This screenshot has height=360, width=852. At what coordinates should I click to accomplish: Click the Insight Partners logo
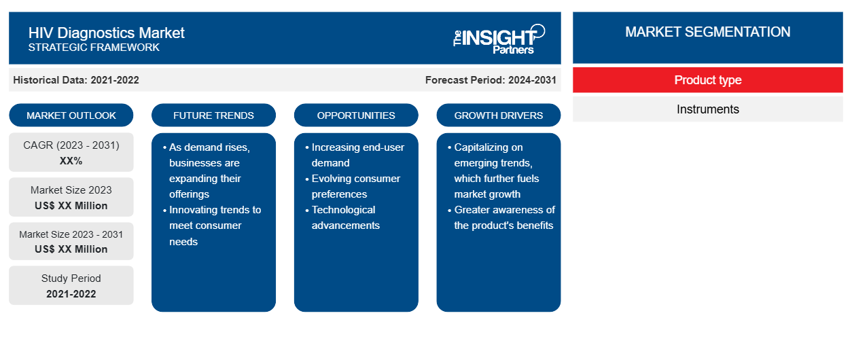click(x=499, y=39)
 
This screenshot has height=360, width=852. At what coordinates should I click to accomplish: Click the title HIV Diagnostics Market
click(x=107, y=33)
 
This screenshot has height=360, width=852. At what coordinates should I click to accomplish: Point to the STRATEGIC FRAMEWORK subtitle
click(x=94, y=48)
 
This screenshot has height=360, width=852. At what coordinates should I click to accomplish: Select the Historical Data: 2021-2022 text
click(x=76, y=80)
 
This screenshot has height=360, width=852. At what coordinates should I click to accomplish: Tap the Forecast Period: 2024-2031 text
click(x=491, y=80)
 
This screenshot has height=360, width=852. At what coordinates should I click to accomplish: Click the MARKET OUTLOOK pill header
click(x=71, y=115)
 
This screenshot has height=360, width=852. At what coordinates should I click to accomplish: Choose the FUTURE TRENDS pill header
click(x=213, y=115)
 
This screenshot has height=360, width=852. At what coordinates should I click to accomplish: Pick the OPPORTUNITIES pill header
click(x=356, y=115)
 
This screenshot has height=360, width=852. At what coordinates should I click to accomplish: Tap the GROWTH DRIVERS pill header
click(x=498, y=115)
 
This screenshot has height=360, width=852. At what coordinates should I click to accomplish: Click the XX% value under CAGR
click(x=71, y=161)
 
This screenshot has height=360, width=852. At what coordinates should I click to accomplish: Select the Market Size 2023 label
click(x=71, y=190)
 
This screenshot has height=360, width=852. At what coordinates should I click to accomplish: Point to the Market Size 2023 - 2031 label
click(x=71, y=234)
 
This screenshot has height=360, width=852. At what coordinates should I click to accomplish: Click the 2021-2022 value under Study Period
click(x=71, y=294)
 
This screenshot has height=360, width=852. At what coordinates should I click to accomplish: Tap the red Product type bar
click(x=708, y=80)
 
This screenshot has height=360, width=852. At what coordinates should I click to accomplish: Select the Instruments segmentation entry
click(x=708, y=109)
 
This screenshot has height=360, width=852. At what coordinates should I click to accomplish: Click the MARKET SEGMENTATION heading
click(x=708, y=32)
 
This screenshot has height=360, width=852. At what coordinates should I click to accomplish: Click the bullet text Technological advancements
click(x=345, y=218)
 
